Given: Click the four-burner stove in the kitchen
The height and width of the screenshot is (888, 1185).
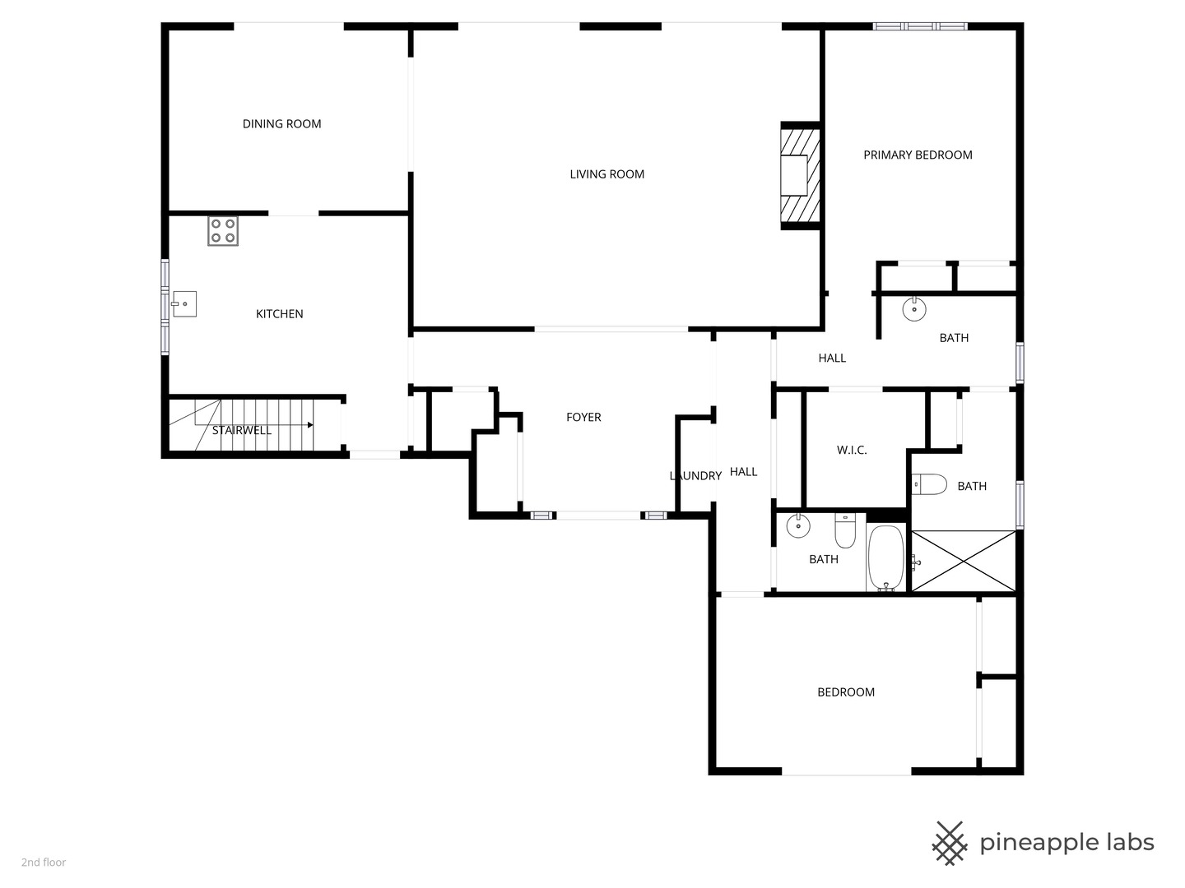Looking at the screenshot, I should pyautogui.click(x=222, y=231).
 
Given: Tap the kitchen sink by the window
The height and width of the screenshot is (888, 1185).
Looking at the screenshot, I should pyautogui.click(x=184, y=303).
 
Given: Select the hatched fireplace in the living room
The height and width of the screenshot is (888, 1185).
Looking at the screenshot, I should pyautogui.click(x=800, y=175).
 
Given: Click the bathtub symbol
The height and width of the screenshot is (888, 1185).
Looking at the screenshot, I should pyautogui.click(x=886, y=558).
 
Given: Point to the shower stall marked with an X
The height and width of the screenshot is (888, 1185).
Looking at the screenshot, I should pyautogui.click(x=964, y=561).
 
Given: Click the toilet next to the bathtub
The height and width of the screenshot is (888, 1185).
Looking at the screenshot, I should pyautogui.click(x=845, y=530).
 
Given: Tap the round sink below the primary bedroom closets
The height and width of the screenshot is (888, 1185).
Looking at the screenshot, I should pyautogui.click(x=914, y=309).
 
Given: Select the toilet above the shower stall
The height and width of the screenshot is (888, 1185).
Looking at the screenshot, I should pyautogui.click(x=930, y=484).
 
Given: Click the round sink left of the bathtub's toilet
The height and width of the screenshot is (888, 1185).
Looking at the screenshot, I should pyautogui.click(x=797, y=525).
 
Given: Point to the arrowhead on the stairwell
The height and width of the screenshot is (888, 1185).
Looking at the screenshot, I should pyautogui.click(x=310, y=425).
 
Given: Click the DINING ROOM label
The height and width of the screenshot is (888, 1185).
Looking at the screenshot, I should pyautogui.click(x=281, y=124).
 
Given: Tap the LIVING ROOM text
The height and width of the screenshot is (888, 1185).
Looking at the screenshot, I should pyautogui.click(x=606, y=174).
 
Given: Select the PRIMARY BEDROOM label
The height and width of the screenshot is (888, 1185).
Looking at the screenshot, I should pyautogui.click(x=918, y=155).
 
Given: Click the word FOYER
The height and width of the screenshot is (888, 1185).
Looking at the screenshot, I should pyautogui.click(x=583, y=418).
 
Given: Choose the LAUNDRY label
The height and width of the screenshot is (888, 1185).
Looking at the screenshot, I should pyautogui.click(x=695, y=476).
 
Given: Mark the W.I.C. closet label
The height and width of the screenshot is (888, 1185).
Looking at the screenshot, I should pyautogui.click(x=852, y=451).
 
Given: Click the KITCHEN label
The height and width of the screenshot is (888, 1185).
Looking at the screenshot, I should pyautogui.click(x=279, y=314).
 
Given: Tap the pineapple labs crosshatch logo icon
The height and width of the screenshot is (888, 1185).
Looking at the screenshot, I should pyautogui.click(x=949, y=843).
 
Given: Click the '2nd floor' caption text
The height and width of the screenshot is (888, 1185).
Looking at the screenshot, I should pyautogui.click(x=44, y=863).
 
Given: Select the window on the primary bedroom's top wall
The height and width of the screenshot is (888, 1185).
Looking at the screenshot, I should pyautogui.click(x=920, y=26).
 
